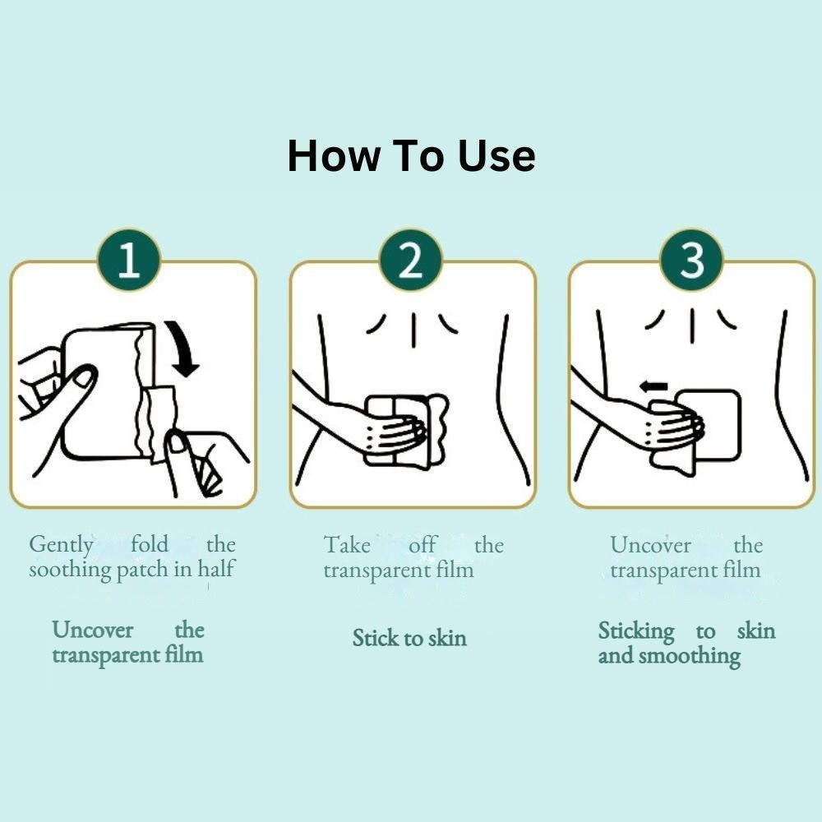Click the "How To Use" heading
pyautogui.click(x=412, y=156)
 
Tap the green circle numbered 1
pyautogui.click(x=129, y=261)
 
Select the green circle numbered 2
pyautogui.click(x=411, y=261)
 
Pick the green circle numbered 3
pyautogui.click(x=692, y=261)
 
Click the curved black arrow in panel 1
pyautogui.click(x=183, y=349)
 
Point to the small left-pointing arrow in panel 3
pyautogui.click(x=653, y=387)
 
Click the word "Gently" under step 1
pyautogui.click(x=62, y=545)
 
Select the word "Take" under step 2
pyautogui.click(x=347, y=545)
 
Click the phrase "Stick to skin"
pyautogui.click(x=409, y=638)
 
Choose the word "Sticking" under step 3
pyautogui.click(x=636, y=631)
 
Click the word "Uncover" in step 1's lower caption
pyautogui.click(x=93, y=630)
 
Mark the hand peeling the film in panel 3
pyautogui.click(x=666, y=425)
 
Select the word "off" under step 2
pyautogui.click(x=422, y=545)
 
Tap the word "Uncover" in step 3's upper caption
pyautogui.click(x=650, y=545)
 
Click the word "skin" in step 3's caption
pyautogui.click(x=756, y=630)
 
